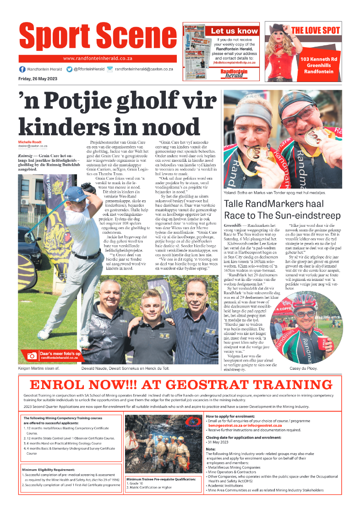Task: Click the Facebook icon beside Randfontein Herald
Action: coord(22,69)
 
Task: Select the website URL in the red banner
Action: coord(97,58)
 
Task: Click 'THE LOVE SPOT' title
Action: coord(316,31)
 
